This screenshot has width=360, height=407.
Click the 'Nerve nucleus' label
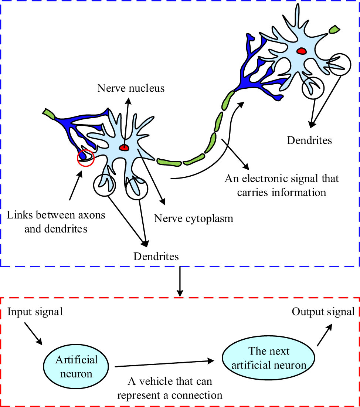(131, 88)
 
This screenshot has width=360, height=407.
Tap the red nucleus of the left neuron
(124, 148)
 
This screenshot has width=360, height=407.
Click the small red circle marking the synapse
(85, 158)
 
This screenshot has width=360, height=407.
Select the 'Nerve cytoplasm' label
(194, 218)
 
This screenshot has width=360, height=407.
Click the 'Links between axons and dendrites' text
(56, 221)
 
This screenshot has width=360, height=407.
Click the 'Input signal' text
(35, 312)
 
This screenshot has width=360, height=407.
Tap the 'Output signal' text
(323, 312)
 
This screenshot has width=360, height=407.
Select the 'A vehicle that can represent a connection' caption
(170, 388)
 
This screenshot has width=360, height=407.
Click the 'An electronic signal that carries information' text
(282, 186)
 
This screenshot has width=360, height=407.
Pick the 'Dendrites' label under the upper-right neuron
(309, 140)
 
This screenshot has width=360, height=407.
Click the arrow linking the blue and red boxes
(180, 282)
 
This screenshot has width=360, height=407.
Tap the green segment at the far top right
(334, 28)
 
